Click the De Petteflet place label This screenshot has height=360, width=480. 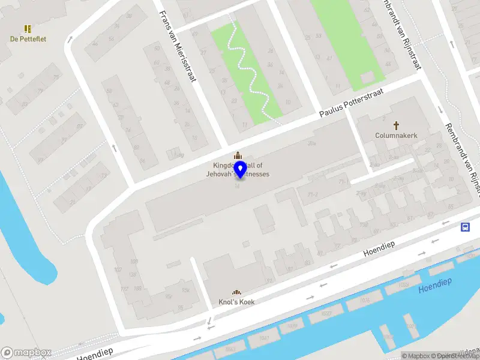tap(28, 39)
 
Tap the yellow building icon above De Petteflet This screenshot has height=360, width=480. tap(28, 28)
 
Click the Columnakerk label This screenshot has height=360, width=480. tap(396, 136)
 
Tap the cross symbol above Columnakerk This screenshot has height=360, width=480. tap(396, 125)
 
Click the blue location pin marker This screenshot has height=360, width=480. tap(240, 169)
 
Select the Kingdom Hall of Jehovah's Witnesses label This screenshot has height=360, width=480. tap(241, 170)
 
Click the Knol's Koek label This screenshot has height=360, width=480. tap(236, 302)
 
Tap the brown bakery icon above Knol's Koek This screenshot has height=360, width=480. tap(236, 292)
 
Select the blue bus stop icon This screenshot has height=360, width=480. tap(465, 227)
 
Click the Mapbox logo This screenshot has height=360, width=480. tap(26, 353)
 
